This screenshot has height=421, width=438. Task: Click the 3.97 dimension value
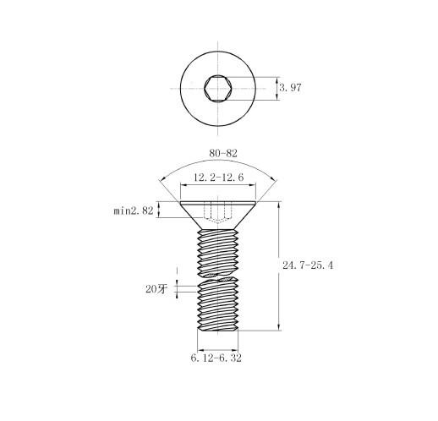click(x=290, y=88)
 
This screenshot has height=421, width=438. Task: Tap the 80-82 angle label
click(x=223, y=153)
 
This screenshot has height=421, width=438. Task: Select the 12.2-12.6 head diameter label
click(x=218, y=178)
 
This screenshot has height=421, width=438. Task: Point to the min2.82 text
click(x=134, y=210)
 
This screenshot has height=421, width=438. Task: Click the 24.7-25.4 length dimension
click(x=308, y=265)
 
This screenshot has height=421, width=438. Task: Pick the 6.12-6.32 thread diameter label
click(x=216, y=358)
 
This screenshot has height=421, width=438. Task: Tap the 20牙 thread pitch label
click(x=156, y=289)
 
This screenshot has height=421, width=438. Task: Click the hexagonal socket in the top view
click(x=218, y=88)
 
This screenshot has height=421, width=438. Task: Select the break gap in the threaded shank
click(x=218, y=276)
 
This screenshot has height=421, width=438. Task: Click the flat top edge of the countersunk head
click(x=218, y=202)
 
